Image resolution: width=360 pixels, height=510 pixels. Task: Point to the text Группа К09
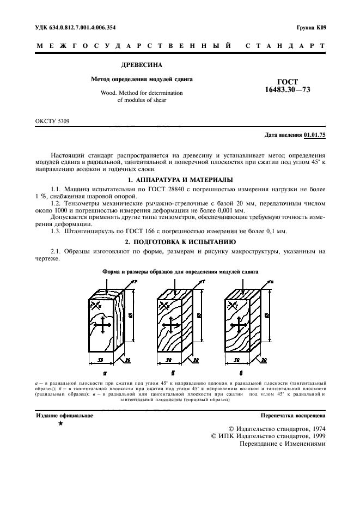[x=310, y=27]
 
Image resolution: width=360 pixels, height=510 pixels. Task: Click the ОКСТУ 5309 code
[x=52, y=121]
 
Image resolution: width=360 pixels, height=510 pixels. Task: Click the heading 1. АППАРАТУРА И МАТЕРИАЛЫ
[x=180, y=180]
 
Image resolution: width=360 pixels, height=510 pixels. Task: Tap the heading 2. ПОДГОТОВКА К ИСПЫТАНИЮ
[x=180, y=241]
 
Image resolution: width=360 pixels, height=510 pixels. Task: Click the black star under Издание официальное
[x=60, y=423]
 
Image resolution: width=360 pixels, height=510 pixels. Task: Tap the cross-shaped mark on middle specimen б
[x=170, y=326]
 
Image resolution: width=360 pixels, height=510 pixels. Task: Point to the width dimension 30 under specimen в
[x=237, y=361]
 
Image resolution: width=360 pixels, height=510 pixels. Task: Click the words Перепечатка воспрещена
[x=293, y=415]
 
